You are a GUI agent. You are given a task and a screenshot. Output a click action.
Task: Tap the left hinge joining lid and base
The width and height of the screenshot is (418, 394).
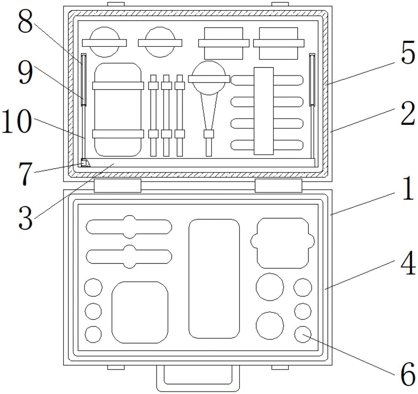(117, 186)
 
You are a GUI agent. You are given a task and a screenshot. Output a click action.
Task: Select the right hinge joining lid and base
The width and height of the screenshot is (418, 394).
(278, 186)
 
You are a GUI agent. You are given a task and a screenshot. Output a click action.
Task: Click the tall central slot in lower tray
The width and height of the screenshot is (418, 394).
(214, 278)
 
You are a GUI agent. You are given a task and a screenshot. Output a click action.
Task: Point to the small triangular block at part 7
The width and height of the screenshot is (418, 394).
(84, 163)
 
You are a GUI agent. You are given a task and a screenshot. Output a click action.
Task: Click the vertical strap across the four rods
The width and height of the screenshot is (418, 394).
(263, 110)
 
